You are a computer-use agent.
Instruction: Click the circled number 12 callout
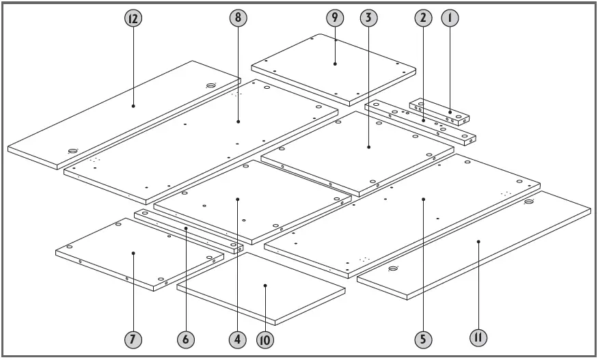pos(133,19)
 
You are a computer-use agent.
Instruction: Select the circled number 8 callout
pos(238,19)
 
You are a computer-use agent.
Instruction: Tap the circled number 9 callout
pos(335,19)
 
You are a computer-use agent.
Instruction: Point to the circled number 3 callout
pos(368,19)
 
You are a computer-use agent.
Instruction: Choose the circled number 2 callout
pos(423,19)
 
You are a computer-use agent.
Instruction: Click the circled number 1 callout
pos(450,19)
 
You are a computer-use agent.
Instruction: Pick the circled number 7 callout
pos(133,338)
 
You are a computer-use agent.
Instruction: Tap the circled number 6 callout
pos(185,338)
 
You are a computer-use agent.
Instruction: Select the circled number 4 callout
pos(237,338)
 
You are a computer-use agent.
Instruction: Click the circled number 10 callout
pos(264,338)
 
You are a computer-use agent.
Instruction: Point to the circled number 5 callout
pos(424,338)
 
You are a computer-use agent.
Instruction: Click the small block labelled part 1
pos(439,113)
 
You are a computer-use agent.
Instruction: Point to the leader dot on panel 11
pos(478,240)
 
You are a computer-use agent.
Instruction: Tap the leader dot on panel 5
pos(424,199)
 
